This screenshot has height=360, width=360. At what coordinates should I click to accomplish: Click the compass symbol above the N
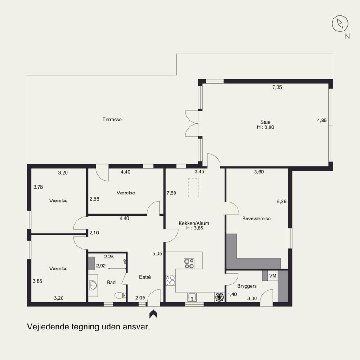point(340,24)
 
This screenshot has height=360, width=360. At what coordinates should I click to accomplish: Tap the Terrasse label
point(112,120)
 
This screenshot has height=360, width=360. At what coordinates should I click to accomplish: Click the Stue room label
point(265,122)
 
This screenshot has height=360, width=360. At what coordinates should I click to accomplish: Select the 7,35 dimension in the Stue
point(277,87)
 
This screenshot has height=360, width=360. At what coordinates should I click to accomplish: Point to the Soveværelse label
point(256,219)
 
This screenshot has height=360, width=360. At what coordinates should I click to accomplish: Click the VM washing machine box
point(273,275)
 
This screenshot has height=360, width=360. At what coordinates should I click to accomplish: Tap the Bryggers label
point(247,286)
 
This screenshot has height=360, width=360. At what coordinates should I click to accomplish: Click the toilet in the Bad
point(120,295)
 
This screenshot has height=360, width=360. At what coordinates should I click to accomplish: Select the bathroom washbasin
point(93,285)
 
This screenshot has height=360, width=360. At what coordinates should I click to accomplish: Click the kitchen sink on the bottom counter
point(192,297)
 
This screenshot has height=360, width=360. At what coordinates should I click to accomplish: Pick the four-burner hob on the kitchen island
point(189,263)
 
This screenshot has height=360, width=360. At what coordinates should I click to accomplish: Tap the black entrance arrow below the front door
point(153,314)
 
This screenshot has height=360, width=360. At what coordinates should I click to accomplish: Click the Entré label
point(145,277)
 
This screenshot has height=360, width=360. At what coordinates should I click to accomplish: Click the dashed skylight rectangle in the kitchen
point(193,187)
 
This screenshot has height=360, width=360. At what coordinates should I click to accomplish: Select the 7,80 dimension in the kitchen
point(171,193)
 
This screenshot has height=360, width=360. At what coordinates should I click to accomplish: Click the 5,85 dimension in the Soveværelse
point(282,202)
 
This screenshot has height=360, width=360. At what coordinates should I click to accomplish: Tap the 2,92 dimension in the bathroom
point(101,265)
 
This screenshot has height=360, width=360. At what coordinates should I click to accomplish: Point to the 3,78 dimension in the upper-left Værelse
point(38,187)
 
